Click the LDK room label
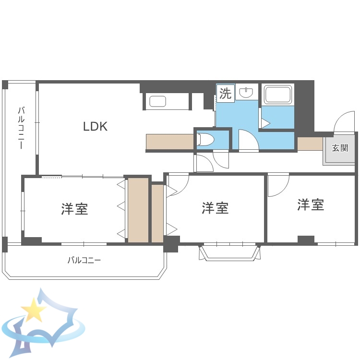pyautogui.click(x=95, y=127)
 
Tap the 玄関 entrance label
pyautogui.click(x=340, y=148)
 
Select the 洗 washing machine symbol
pyautogui.click(x=225, y=94)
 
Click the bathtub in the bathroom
pyautogui.click(x=277, y=95)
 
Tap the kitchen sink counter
pyautogui.click(x=158, y=102)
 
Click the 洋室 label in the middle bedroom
pyautogui.click(x=215, y=208)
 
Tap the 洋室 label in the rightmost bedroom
pyautogui.click(x=311, y=204)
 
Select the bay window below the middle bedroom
pyautogui.click(x=230, y=252)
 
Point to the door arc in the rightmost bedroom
pyautogui.click(x=278, y=185)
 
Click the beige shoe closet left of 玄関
pyautogui.click(x=310, y=144)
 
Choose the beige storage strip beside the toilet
pyautogui.click(x=169, y=142)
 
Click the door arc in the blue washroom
pyautogui.click(x=248, y=141)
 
